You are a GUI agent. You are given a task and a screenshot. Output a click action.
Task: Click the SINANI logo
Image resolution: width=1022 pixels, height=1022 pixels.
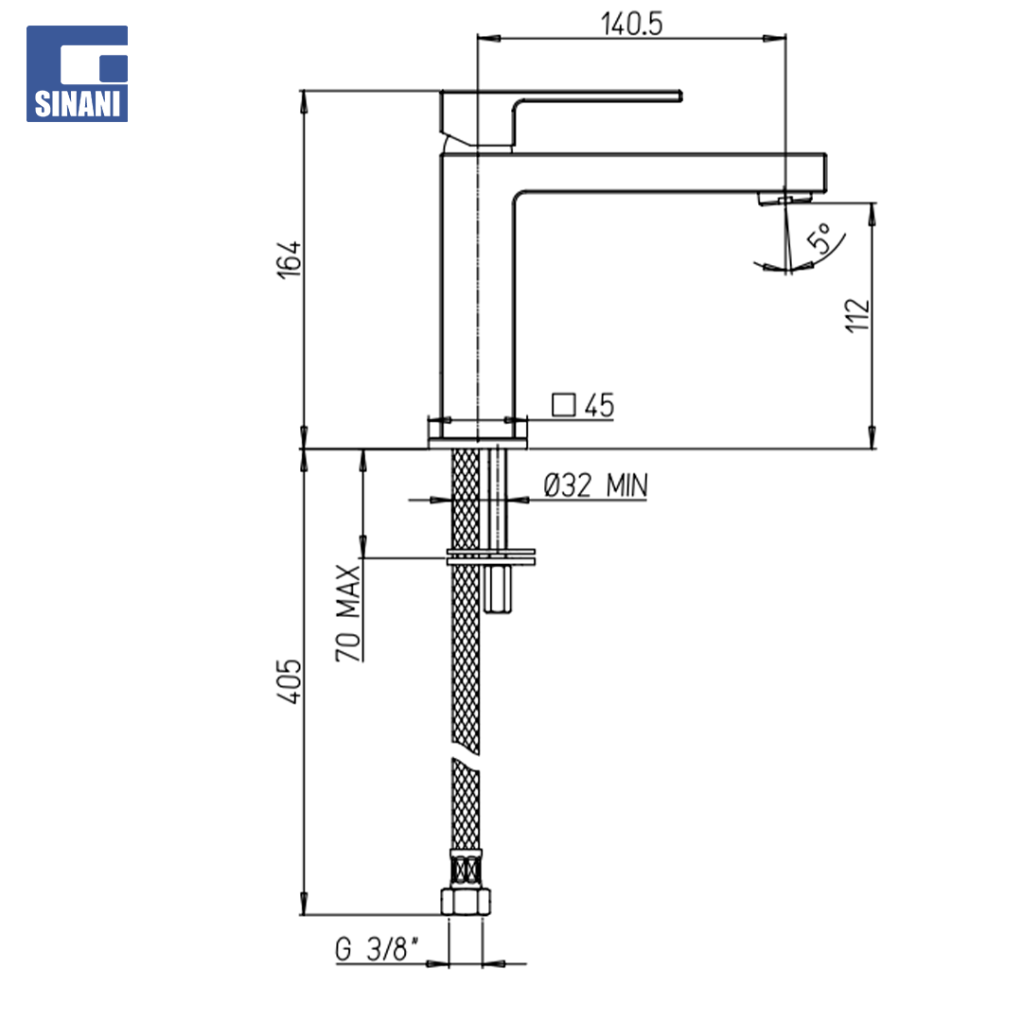pos(77,74)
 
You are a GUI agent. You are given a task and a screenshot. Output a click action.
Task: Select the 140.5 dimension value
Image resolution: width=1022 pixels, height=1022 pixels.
pos(631,25)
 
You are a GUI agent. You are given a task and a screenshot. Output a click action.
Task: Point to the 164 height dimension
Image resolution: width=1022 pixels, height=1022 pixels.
pos(289,259)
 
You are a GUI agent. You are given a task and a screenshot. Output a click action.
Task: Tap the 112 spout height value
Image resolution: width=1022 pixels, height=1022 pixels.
pos(857,315)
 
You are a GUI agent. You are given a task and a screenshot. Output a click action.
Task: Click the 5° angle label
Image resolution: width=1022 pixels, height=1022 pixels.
pos(819,238)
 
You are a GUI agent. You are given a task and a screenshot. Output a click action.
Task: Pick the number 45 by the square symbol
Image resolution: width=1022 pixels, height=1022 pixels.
pos(599,405)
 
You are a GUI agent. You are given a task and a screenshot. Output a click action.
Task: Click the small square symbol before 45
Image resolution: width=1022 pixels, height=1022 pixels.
pos(564,405)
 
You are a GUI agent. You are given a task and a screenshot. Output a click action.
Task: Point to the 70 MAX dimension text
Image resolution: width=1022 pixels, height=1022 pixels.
pos(348,613)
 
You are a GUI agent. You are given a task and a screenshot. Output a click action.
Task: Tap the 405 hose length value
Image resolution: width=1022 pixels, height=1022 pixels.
pos(290,681)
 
